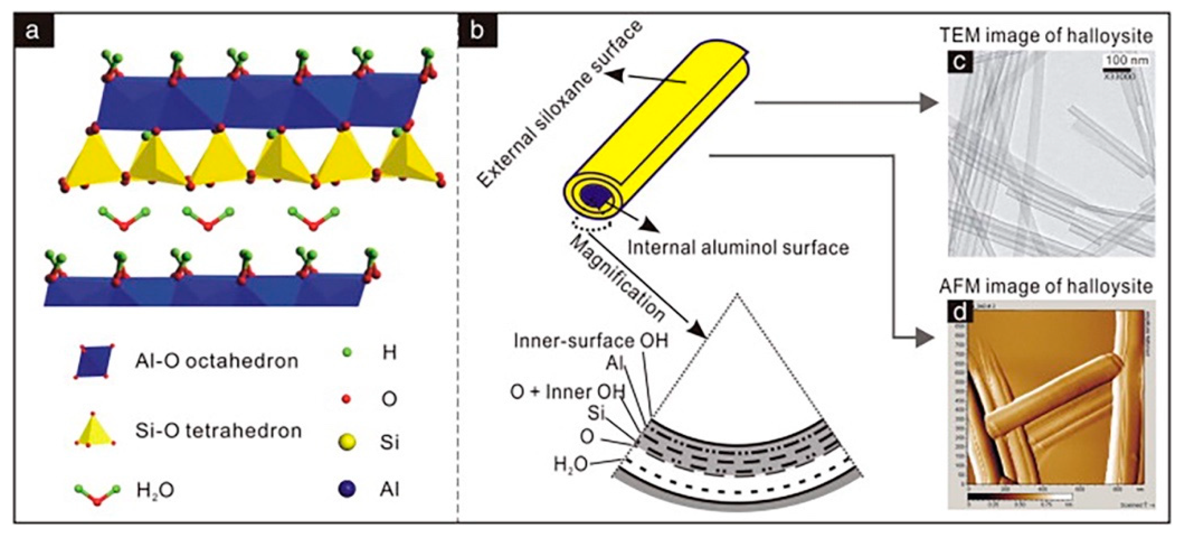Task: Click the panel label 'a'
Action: [x=32, y=32]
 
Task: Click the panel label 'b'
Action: [x=478, y=32]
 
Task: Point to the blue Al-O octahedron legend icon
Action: [x=96, y=361]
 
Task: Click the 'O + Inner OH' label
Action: [x=568, y=392]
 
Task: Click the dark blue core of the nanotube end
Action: [x=594, y=195]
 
